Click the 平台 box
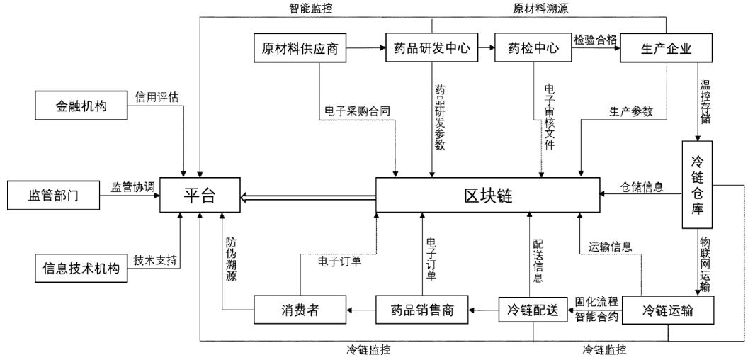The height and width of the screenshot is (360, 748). (200, 194)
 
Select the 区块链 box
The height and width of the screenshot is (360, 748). (487, 194)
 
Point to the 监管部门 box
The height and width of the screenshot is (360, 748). (52, 194)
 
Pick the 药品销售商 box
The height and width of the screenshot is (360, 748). (422, 309)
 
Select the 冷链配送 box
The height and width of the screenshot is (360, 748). (533, 309)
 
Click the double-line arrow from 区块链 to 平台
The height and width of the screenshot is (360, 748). (307, 198)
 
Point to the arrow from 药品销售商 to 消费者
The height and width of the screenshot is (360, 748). (360, 309)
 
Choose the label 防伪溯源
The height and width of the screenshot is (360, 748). (231, 259)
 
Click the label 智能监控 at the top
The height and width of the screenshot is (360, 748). (310, 9)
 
